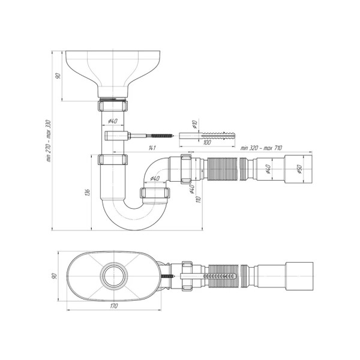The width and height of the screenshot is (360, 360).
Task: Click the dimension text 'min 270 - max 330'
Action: [x=49, y=141]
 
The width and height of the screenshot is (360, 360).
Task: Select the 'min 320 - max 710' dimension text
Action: [x=261, y=148]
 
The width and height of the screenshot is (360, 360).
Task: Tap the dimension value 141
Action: [x=152, y=148]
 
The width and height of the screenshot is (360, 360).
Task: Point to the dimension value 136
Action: [x=88, y=193]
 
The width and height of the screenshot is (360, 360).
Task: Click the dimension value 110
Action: [x=199, y=199]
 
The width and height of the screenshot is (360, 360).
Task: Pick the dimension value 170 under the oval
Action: [x=114, y=306]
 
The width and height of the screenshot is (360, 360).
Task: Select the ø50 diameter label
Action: [x=299, y=169]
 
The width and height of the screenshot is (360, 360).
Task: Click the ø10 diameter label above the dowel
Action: [x=194, y=124]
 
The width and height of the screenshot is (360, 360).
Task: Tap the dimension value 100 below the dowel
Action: [x=207, y=142]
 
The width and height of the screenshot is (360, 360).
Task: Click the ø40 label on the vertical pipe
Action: [x=113, y=121]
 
